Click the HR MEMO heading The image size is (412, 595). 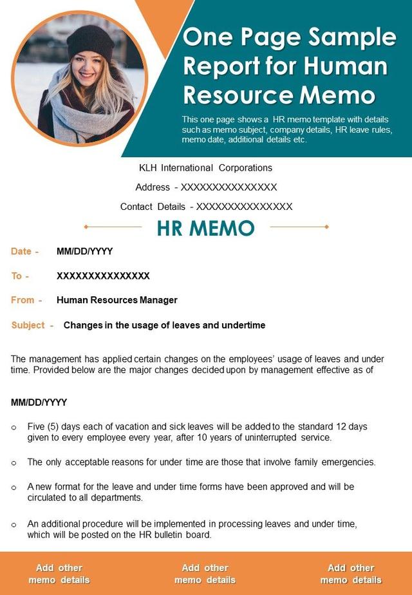tap(206, 228)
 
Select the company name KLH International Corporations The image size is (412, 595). tap(206, 168)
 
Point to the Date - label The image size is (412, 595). tap(25, 252)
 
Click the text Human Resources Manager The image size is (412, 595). tap(117, 300)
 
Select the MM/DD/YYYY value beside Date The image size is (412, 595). tap(84, 252)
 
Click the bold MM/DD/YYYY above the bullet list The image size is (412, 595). tap(39, 402)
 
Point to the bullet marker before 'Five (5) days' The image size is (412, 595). tap(14, 427)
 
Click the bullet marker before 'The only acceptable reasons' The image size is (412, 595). tap(14, 462)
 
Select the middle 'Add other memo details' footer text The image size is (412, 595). tap(205, 574)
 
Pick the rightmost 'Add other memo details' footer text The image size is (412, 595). tap(351, 574)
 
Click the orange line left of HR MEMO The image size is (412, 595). tap(113, 227)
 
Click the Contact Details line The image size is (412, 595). tap(206, 207)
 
